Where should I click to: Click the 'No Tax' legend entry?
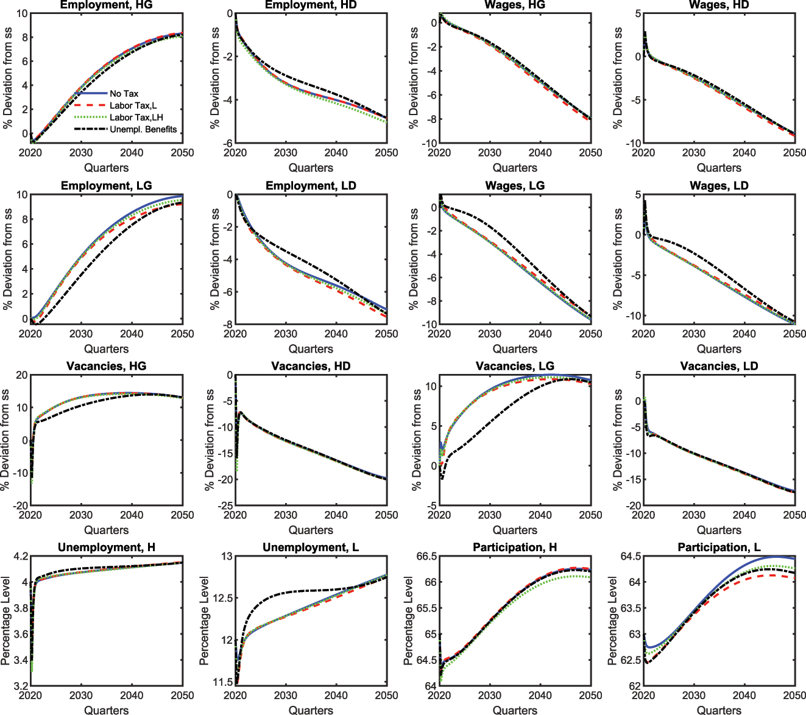tap(124, 94)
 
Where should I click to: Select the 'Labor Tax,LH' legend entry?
tap(136, 118)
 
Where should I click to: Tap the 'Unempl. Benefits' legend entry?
tap(143, 129)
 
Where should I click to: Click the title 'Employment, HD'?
tap(311, 5)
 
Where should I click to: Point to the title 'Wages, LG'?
tap(515, 186)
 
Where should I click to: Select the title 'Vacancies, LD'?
tap(719, 366)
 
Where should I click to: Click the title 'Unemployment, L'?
tap(311, 548)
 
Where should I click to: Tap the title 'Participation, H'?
tap(515, 548)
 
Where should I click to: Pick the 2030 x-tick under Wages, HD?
tap(693, 153)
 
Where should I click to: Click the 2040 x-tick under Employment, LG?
tap(132, 334)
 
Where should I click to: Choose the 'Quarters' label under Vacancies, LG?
tap(515, 530)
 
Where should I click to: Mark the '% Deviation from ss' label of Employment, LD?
tap(214, 259)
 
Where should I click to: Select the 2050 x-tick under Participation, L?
tap(794, 696)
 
